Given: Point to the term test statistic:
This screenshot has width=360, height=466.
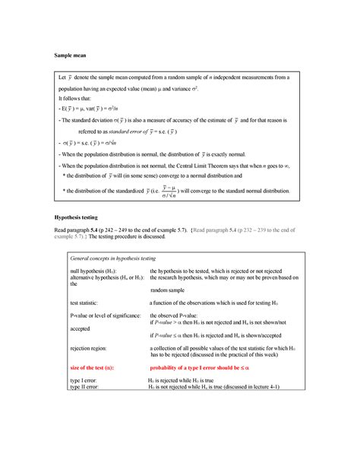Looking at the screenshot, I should (x=86, y=303).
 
